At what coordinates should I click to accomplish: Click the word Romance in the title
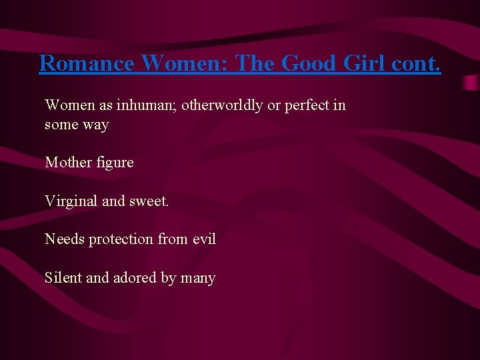87,63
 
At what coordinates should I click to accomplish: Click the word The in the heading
257,63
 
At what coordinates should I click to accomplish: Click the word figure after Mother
115,163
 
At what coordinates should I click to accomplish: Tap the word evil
203,239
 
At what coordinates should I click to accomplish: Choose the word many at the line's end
198,278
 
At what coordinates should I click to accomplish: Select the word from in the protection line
173,239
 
